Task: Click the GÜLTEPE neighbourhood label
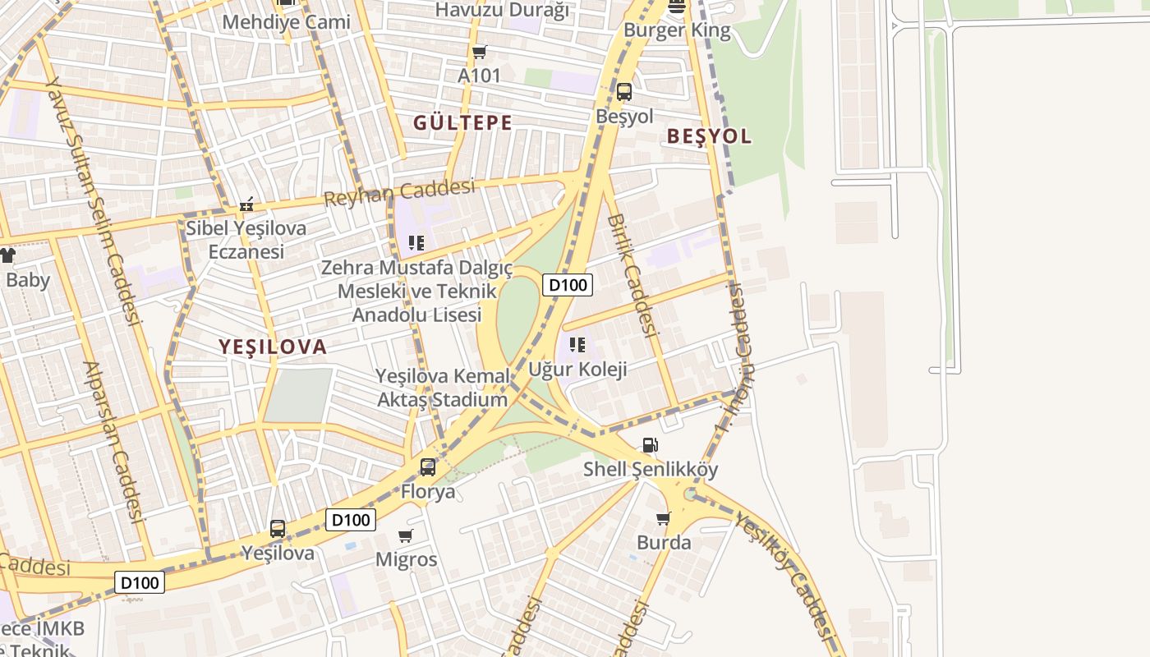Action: [462, 123]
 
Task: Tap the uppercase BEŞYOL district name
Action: [709, 136]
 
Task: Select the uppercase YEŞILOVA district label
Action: [273, 347]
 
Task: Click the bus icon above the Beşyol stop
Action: [624, 92]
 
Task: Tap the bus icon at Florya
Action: [428, 467]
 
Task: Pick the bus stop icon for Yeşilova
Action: [278, 528]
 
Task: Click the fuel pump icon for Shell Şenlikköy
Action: [650, 445]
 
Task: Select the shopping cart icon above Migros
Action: [405, 535]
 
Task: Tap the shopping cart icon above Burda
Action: [663, 518]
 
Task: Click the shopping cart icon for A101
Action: [479, 52]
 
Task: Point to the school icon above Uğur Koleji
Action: [577, 345]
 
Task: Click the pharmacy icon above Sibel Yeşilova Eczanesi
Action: [246, 204]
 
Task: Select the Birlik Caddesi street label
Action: [633, 275]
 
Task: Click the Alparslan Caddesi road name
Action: [114, 441]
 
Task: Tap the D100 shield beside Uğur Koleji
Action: [568, 285]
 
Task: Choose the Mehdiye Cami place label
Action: [286, 21]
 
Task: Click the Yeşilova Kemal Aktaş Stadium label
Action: [442, 388]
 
